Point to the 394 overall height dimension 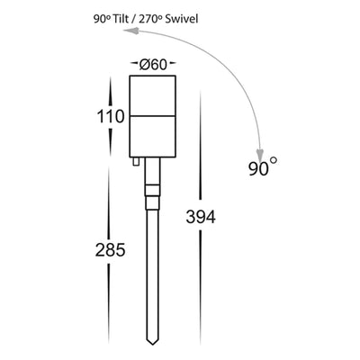(200, 216)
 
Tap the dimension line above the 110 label (111, 90)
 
